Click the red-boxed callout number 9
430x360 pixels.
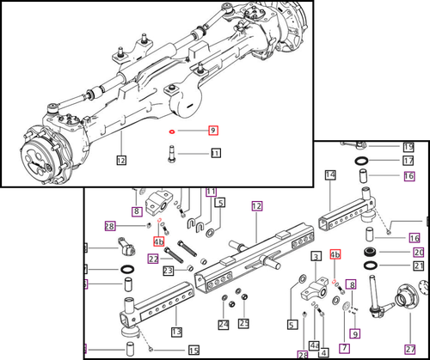point(212,131)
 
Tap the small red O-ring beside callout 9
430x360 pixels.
point(174,132)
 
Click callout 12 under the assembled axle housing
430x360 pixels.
point(121,159)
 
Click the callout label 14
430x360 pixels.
point(329,175)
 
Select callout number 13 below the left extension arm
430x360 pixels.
point(175,333)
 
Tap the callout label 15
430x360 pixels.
point(194,349)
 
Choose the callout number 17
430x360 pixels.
point(408,161)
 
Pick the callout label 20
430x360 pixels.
point(419,252)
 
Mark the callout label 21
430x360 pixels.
point(419,266)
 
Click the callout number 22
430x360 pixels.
point(153,259)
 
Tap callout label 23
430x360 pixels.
point(169,271)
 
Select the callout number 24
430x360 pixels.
point(223,324)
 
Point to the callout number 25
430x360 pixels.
point(244,324)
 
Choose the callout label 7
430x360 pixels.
point(343,347)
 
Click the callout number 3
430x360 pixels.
point(316,257)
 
